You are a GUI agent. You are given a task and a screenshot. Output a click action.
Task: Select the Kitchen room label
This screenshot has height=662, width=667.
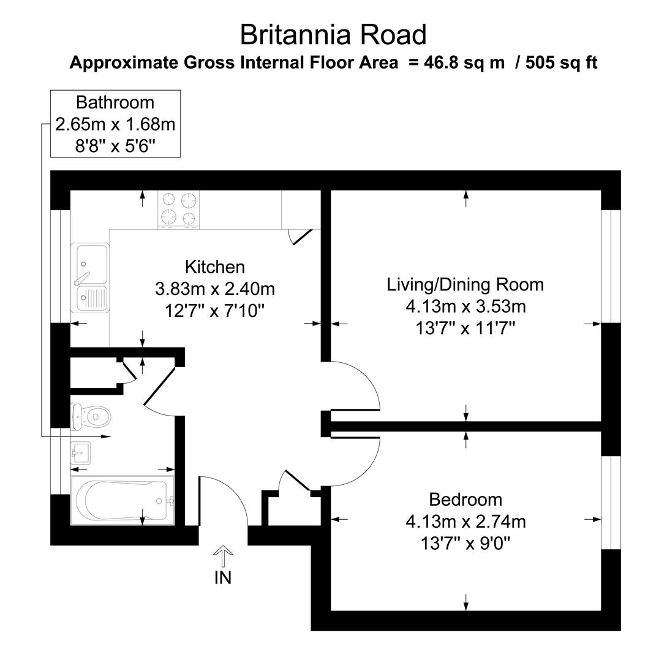coord(214,267)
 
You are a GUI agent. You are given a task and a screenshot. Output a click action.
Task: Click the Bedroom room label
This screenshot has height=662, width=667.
coord(465,500)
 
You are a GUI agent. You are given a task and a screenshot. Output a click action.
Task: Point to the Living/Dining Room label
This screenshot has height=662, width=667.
coord(465,284)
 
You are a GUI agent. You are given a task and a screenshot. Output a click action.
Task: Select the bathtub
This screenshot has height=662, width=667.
coord(122,501)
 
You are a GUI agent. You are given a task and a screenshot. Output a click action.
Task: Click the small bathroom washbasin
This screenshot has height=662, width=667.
coord(80,452)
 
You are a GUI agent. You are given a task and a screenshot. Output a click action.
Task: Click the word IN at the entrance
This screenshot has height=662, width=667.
coord(223,577)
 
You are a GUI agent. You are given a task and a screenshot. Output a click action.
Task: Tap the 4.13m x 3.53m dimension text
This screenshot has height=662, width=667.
coord(465,306)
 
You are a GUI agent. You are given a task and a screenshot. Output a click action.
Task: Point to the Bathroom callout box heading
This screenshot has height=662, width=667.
coord(115,102)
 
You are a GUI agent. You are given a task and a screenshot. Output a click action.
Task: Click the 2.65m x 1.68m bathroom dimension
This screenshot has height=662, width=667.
coord(115,124)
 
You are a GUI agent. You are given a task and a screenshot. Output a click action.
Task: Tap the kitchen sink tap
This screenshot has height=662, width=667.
coord(81,278)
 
